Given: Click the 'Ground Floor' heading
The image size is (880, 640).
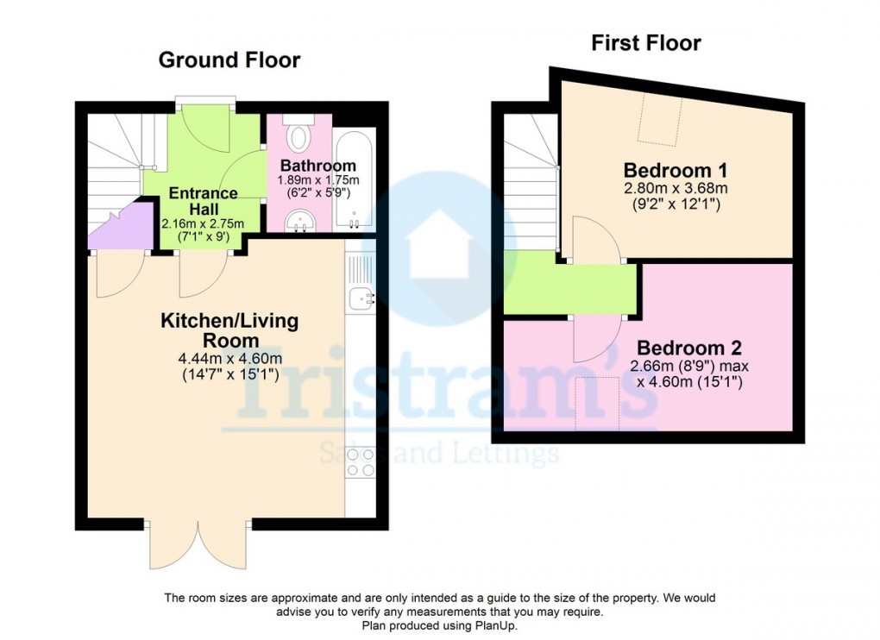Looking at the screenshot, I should tap(229, 60).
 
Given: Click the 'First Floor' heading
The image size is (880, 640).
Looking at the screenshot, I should tap(646, 43).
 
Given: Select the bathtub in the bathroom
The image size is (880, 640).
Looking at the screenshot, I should tap(355, 181).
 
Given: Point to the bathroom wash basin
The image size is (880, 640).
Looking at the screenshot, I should tap(301, 221).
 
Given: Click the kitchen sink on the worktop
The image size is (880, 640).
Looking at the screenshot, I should tap(361, 298).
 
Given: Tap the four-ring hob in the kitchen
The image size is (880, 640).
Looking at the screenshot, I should tap(361, 461).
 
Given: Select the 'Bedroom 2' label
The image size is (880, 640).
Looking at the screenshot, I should tap(688, 348).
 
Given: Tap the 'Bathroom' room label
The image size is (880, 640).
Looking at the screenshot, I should tap(317, 166).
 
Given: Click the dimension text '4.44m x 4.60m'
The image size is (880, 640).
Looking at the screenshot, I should tap(229, 359).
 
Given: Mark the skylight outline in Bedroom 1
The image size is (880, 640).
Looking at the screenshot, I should tap(660, 120).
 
